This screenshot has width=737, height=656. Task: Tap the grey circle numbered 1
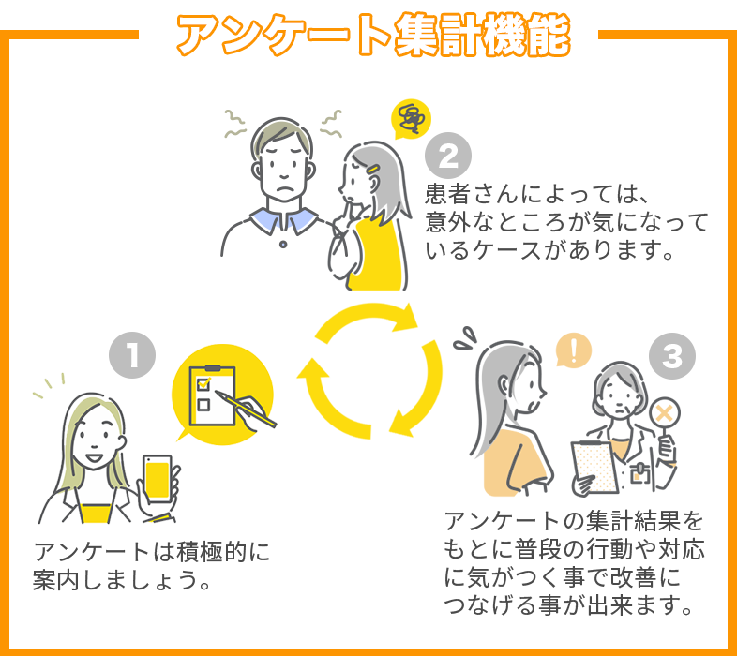[x=132, y=355]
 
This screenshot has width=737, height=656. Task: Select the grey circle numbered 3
[x=671, y=355]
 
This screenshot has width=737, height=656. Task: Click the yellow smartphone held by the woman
[x=158, y=481]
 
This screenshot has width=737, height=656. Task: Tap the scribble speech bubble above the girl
[x=410, y=118]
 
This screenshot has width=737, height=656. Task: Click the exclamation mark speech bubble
[x=573, y=351]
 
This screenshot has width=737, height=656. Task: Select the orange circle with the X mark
[x=667, y=413]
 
